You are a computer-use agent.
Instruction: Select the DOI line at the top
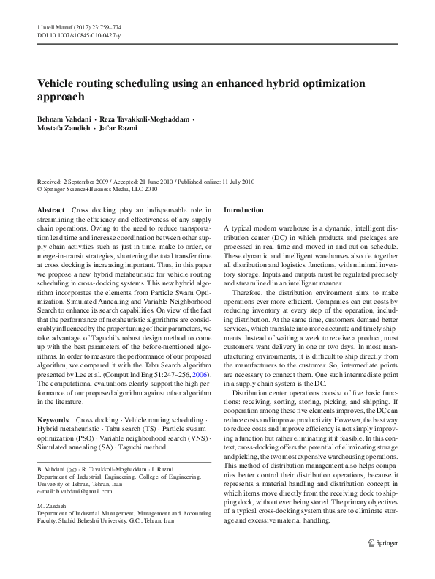pyautogui.click(x=75, y=34)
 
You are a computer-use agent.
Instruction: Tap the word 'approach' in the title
pyautogui.click(x=61, y=97)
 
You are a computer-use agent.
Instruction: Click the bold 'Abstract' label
pyautogui.click(x=50, y=210)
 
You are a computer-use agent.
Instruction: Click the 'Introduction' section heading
pyautogui.click(x=243, y=210)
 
